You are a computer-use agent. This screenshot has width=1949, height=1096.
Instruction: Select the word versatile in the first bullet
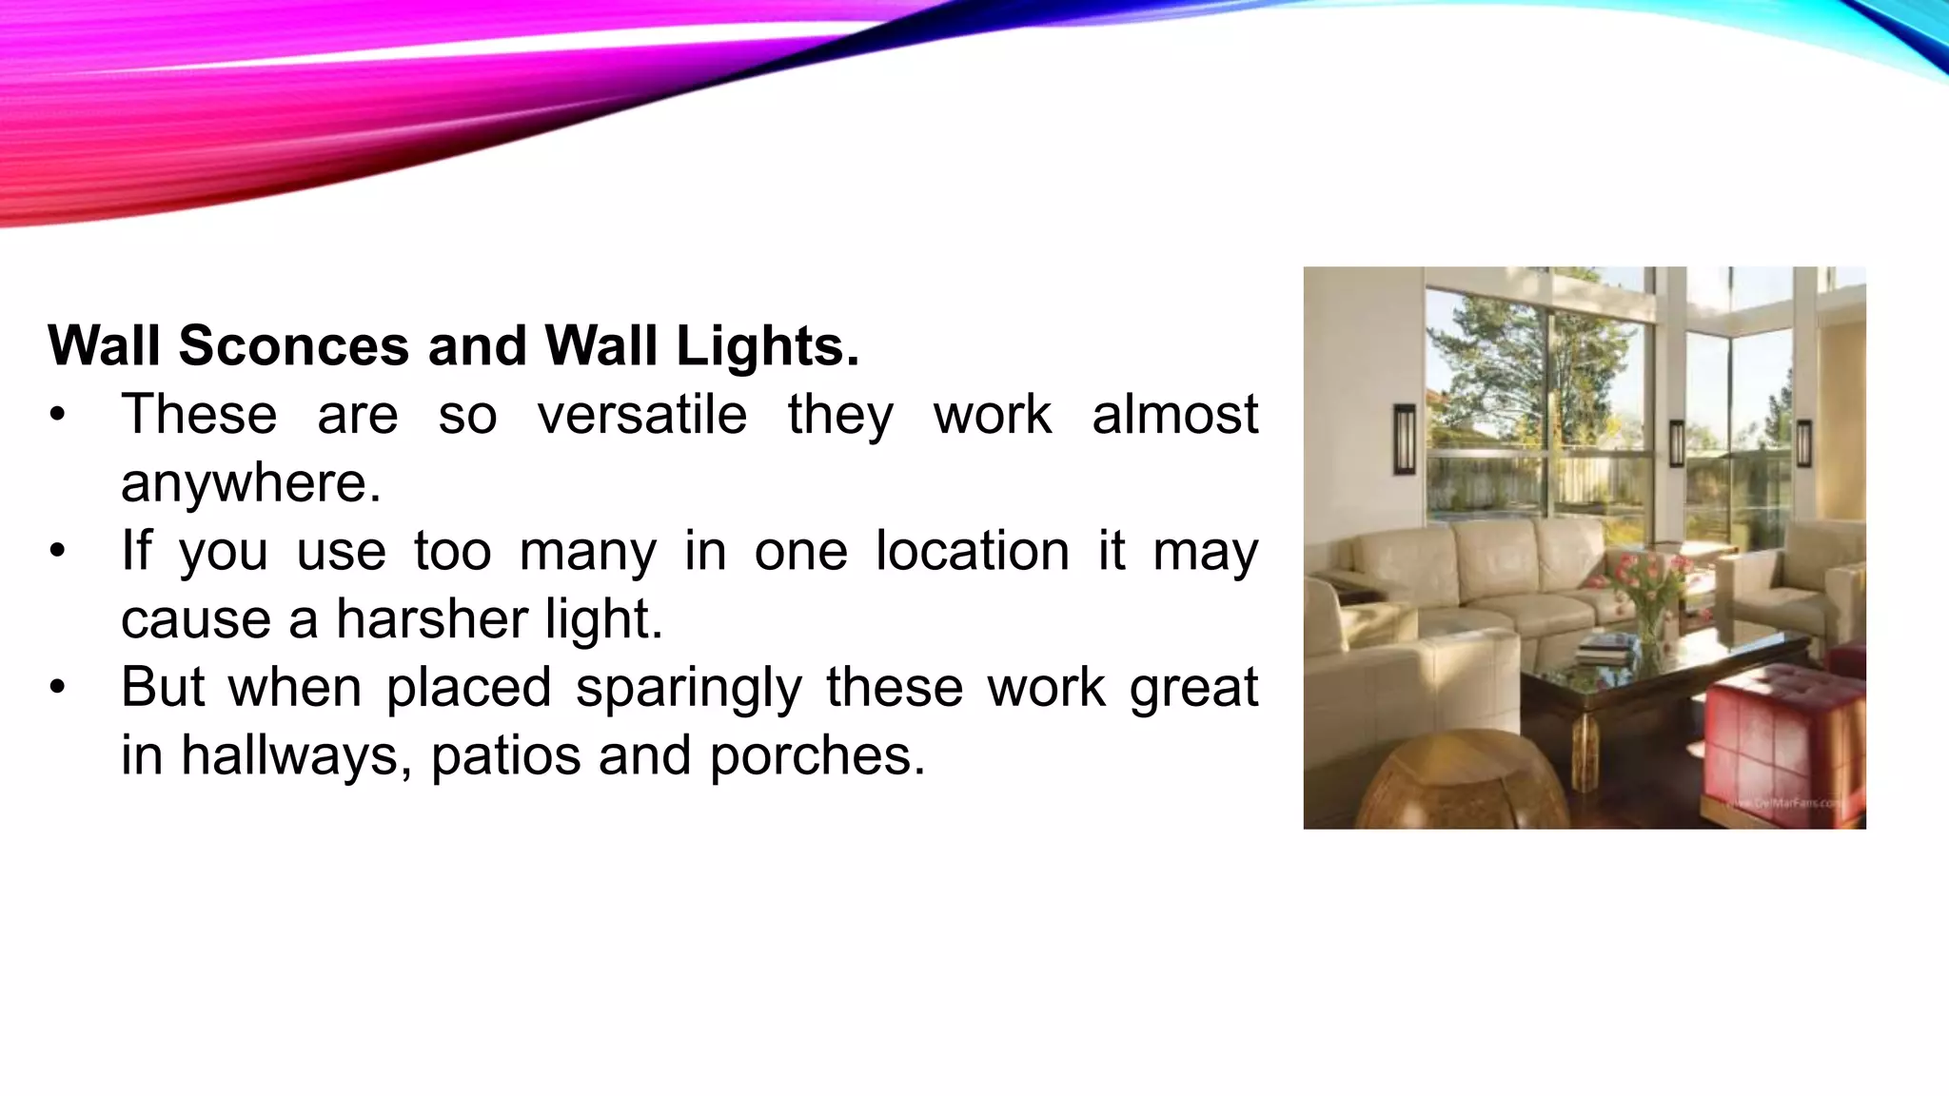(x=642, y=415)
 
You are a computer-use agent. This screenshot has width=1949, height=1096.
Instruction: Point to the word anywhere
(x=250, y=482)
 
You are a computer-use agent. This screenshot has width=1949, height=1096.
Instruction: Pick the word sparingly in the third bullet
(x=689, y=687)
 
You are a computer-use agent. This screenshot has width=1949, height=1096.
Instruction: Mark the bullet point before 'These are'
(x=59, y=415)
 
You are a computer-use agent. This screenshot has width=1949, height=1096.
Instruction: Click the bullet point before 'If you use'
(x=59, y=551)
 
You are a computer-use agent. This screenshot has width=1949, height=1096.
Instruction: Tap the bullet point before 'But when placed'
(x=59, y=687)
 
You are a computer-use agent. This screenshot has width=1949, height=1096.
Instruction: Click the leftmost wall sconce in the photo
(x=1405, y=440)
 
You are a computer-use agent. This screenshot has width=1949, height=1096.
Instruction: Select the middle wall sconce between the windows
(x=1677, y=443)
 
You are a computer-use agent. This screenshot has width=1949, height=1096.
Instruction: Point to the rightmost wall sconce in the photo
(x=1803, y=442)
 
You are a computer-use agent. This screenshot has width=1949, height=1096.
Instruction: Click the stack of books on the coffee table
(x=1604, y=651)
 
